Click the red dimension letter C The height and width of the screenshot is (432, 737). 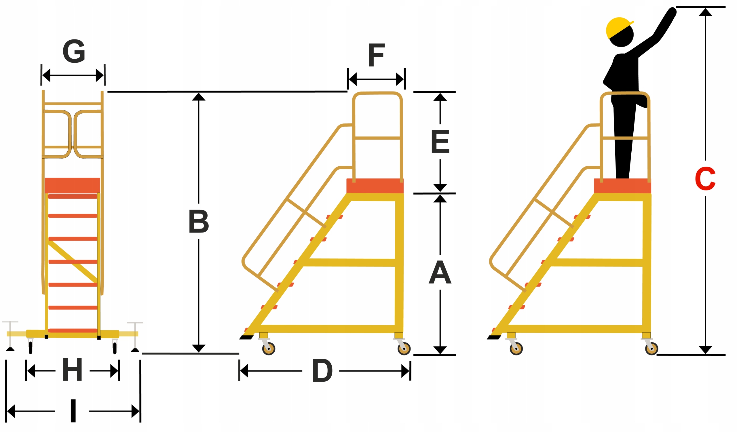(x=705, y=179)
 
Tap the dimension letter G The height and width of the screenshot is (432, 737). (x=74, y=51)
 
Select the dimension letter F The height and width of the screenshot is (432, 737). (x=376, y=55)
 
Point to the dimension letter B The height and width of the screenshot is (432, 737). (x=199, y=221)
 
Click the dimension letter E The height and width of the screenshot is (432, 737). (x=440, y=142)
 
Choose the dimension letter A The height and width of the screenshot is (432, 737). (x=440, y=272)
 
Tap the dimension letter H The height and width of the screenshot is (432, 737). (x=72, y=370)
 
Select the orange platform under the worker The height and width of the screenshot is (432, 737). (x=622, y=186)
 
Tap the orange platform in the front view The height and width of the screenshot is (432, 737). (x=73, y=185)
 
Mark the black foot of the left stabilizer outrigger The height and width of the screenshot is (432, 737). (x=10, y=349)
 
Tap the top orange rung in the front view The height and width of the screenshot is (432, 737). (x=73, y=196)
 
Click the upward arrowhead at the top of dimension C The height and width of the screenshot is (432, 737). (x=705, y=12)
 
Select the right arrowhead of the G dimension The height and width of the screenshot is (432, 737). (x=100, y=75)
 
